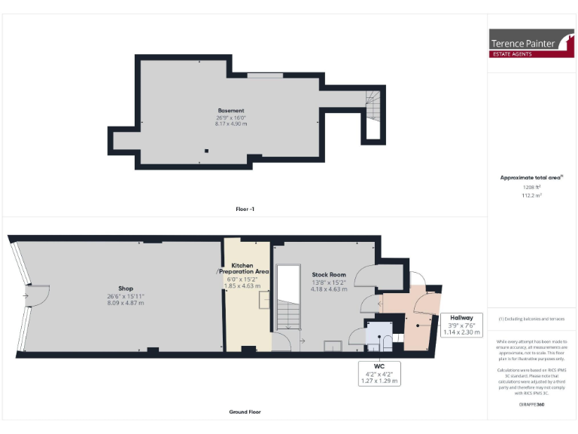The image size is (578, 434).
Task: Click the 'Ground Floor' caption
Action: [245, 412]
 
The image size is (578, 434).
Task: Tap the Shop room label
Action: [125, 289]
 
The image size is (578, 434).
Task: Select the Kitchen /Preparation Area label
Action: [242, 268]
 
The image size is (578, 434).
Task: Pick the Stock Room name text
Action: [328, 274]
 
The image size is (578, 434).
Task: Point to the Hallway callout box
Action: [461, 324]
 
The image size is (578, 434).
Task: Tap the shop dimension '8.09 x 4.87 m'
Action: [125, 302]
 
